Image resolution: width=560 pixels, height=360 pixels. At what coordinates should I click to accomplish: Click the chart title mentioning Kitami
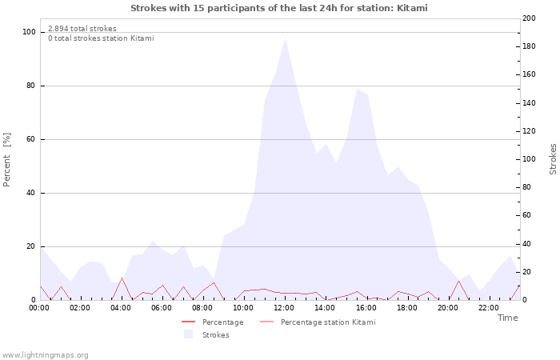pyautogui.click(x=279, y=8)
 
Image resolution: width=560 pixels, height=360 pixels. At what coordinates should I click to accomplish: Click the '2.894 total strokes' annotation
pyautogui.click(x=82, y=29)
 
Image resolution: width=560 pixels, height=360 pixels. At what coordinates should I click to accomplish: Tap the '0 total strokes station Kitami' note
pyautogui.click(x=101, y=38)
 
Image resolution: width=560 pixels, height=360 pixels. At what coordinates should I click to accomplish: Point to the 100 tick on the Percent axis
pyautogui.click(x=30, y=32)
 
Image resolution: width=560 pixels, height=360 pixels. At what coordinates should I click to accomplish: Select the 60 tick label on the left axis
pyautogui.click(x=31, y=139)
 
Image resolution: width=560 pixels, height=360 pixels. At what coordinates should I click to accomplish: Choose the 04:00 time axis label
pyautogui.click(x=122, y=307)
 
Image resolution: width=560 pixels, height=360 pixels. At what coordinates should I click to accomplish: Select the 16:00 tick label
pyautogui.click(x=366, y=307)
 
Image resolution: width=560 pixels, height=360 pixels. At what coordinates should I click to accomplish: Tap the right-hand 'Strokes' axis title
pyautogui.click(x=553, y=159)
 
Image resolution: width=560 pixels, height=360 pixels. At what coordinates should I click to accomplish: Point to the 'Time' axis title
pyautogui.click(x=507, y=318)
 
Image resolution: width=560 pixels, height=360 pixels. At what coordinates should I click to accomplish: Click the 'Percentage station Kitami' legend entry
pyautogui.click(x=327, y=322)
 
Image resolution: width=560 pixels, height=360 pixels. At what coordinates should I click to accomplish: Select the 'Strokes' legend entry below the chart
pyautogui.click(x=215, y=334)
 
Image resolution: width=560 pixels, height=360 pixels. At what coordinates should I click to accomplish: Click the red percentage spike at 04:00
pyautogui.click(x=122, y=278)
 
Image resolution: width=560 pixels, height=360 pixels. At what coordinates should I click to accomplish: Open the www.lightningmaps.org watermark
pyautogui.click(x=46, y=354)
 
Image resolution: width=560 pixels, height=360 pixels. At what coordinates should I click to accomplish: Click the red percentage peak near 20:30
pyautogui.click(x=458, y=281)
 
